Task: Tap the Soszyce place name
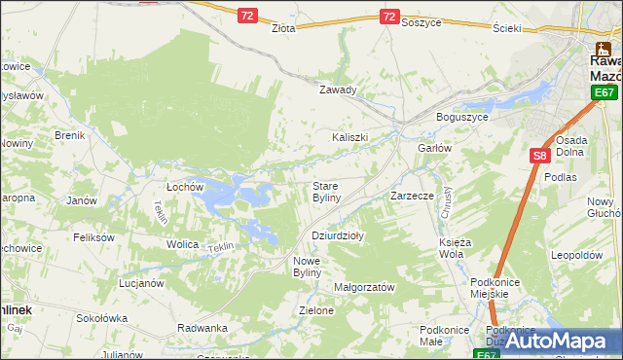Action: (421, 22)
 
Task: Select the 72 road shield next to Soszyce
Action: (389, 17)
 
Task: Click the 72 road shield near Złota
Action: (247, 16)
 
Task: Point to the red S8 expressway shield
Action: (540, 155)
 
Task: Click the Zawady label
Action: (339, 90)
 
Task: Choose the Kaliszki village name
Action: (350, 137)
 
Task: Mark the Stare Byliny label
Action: (326, 191)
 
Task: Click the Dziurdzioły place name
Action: (338, 235)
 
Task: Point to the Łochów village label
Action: (184, 185)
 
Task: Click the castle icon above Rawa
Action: (604, 47)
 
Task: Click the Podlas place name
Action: (562, 177)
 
